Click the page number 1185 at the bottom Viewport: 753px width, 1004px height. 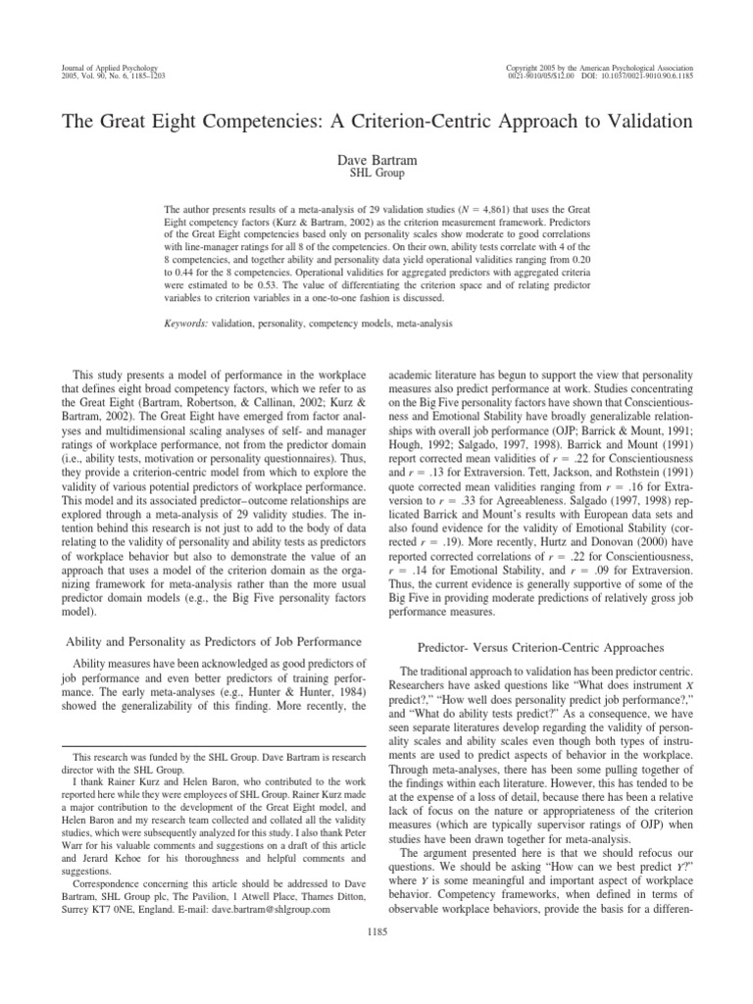tap(376, 930)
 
